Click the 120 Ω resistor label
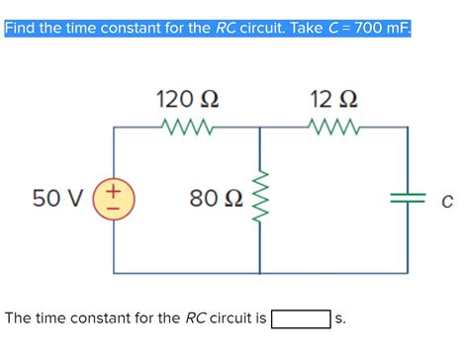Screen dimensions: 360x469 coord(188,100)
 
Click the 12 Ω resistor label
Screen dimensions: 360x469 coord(332,100)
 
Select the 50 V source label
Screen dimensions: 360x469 coord(57,199)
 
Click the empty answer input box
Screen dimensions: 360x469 coord(301,318)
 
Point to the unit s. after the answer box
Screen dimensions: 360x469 coord(340,319)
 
